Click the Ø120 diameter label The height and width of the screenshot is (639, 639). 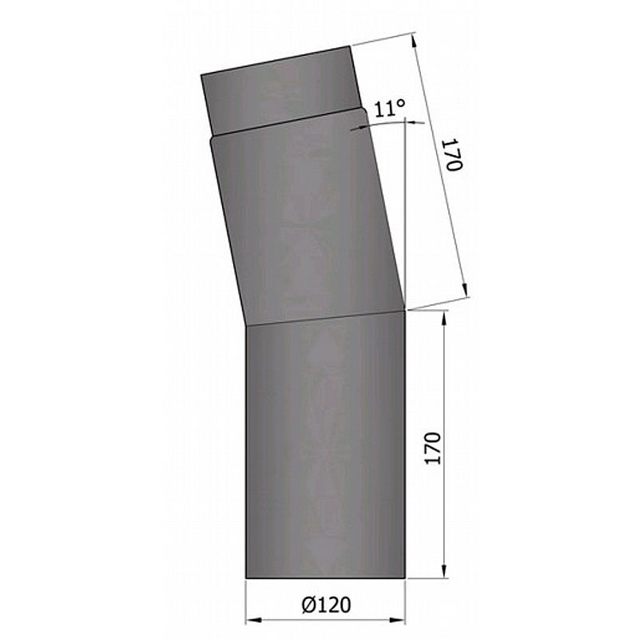[x=326, y=605]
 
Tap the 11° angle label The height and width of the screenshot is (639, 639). [x=389, y=109]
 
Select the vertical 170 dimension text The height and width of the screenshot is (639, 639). [x=433, y=448]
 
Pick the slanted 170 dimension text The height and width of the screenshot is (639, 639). [x=453, y=155]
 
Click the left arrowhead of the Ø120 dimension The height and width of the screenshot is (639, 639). [x=253, y=621]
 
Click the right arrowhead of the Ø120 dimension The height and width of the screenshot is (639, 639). [x=397, y=621]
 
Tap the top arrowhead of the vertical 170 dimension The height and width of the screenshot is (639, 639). [x=444, y=318]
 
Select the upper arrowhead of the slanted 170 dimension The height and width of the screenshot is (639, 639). [x=415, y=41]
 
